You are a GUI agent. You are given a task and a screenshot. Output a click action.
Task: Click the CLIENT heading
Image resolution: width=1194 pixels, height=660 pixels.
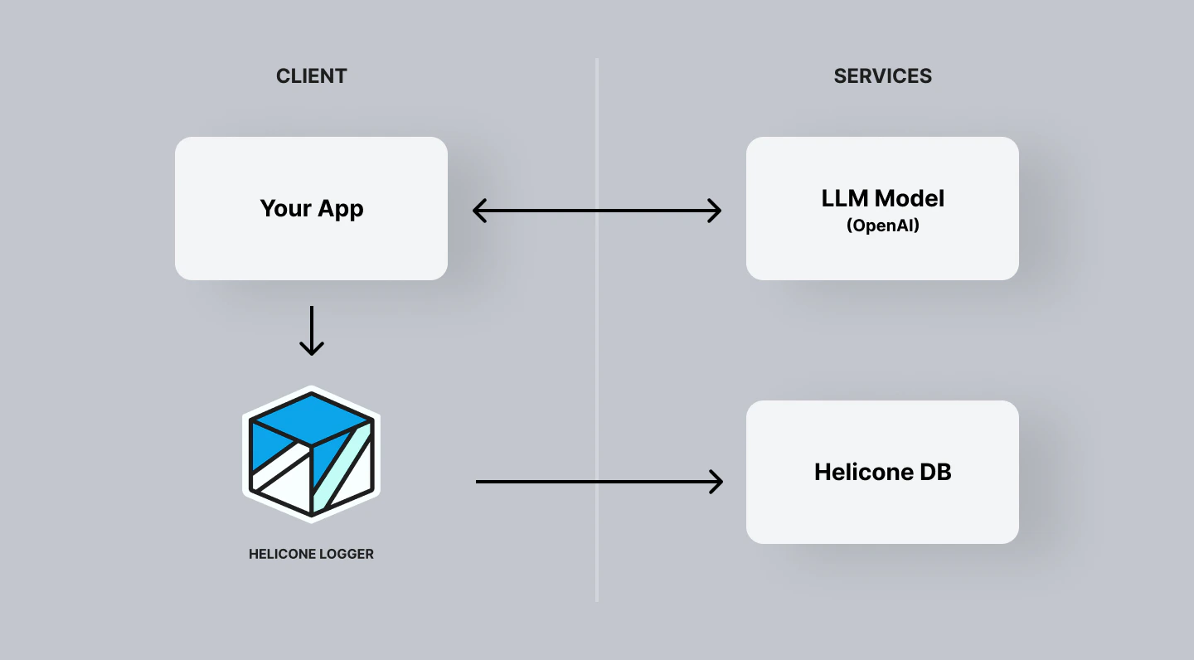coord(311,76)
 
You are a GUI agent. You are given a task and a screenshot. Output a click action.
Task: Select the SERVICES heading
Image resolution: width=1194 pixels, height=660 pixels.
coord(882,76)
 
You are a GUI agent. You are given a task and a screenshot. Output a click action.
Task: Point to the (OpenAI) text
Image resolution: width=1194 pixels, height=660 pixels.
coord(882,226)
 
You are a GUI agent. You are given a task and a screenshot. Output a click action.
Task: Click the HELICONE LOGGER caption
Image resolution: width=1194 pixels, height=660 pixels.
coord(311,554)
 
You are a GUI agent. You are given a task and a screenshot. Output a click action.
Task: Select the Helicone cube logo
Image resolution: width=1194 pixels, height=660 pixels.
coord(311,454)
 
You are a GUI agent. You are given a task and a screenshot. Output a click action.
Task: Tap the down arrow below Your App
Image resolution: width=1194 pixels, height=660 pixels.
coord(311,332)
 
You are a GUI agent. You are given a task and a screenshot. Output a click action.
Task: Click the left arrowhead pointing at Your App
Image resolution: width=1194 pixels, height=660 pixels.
coord(479,211)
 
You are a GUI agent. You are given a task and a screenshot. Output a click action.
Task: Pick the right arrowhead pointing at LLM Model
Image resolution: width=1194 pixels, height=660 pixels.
coord(715,211)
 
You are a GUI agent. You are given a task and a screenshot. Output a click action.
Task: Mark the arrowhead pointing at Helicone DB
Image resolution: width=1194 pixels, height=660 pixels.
coord(716,481)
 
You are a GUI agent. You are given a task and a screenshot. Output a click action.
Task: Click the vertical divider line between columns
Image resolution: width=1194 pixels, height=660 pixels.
coord(596,373)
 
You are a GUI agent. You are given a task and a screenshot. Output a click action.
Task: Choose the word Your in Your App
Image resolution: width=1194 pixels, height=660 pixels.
coord(285,208)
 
